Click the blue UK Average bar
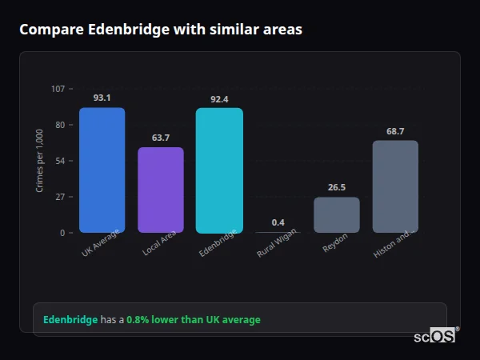[102, 170]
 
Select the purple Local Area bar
[161, 190]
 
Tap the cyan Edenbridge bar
[219, 170]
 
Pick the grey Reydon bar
[337, 215]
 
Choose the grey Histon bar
[395, 186]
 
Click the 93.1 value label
[102, 98]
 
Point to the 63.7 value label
[161, 138]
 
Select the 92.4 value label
[219, 99]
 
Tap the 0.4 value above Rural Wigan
[278, 222]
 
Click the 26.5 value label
[337, 187]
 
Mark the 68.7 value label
[395, 130]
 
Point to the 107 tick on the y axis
[58, 89]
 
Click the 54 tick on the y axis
[60, 161]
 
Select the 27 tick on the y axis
[60, 197]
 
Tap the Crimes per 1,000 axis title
[39, 160]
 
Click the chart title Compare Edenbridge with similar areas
[161, 30]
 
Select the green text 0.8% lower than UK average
[194, 320]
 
